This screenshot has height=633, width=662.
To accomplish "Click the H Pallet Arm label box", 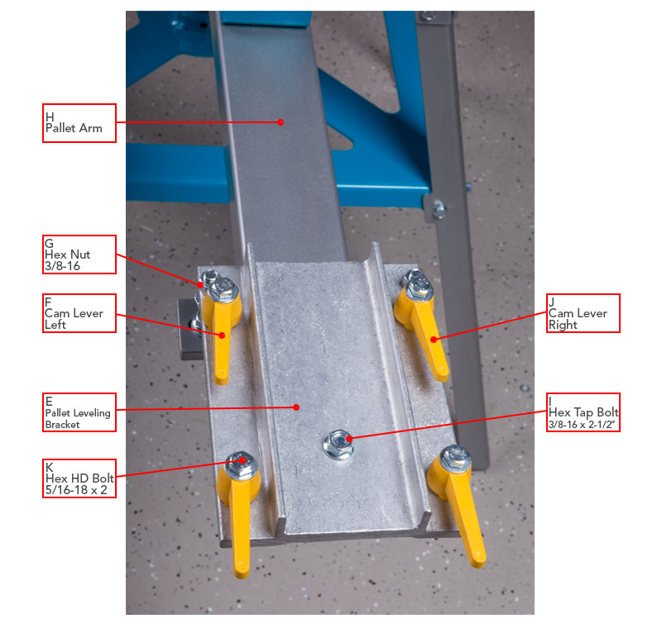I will [x=79, y=122].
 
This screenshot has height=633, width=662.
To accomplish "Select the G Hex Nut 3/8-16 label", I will [x=79, y=255].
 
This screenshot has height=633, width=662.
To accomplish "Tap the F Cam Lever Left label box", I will [x=79, y=313].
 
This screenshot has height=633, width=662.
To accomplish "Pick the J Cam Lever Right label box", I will [x=583, y=313].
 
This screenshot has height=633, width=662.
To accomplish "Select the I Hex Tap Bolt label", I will [x=583, y=412].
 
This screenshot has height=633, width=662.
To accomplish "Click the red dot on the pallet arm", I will [x=281, y=121].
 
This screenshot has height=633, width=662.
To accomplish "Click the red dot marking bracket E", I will [x=296, y=407].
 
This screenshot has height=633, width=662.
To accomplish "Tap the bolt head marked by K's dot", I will [x=241, y=459].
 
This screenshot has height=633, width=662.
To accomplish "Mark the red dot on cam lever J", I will [x=430, y=338].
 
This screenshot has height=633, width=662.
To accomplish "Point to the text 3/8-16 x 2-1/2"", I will [x=583, y=424].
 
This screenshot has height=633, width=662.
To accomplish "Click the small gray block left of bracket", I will [x=189, y=328].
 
